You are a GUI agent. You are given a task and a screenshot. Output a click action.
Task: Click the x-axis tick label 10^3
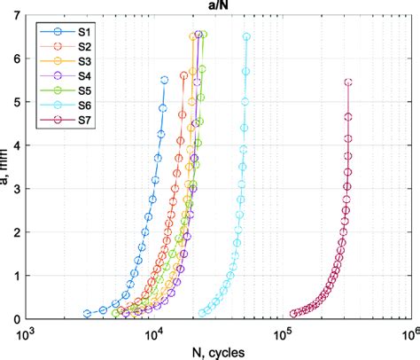[27, 332]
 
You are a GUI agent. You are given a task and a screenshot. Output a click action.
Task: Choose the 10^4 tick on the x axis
[155, 332]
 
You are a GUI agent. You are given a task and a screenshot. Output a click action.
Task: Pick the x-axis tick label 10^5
[284, 332]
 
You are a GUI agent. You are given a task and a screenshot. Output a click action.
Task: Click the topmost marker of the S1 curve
[164, 81]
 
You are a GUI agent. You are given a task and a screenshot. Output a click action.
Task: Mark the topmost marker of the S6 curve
[246, 37]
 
